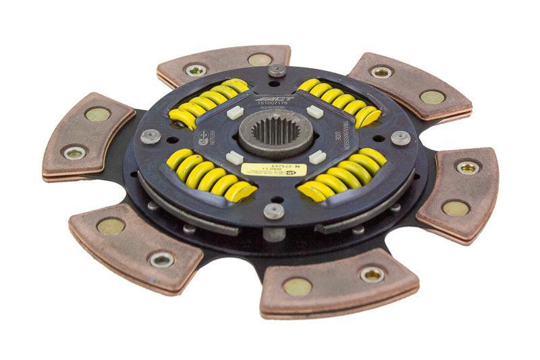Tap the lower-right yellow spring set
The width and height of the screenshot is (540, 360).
pyautogui.click(x=343, y=176)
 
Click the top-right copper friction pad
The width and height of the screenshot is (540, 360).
pyautogui.click(x=401, y=84)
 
